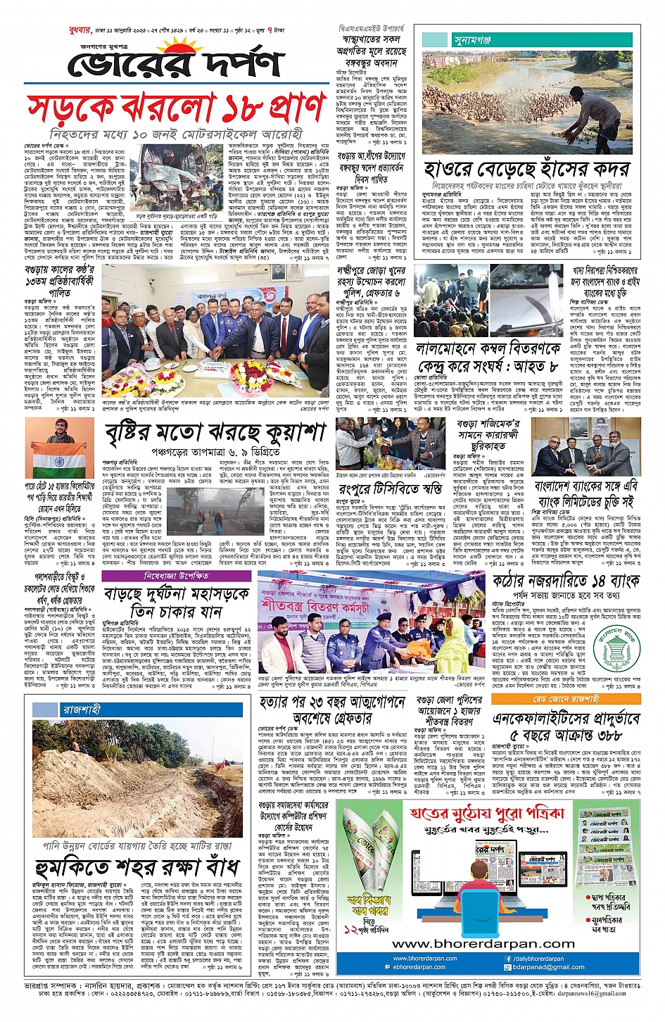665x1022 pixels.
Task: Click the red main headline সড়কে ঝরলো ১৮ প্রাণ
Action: point(176,108)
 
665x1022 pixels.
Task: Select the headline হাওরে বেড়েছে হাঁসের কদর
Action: point(531,170)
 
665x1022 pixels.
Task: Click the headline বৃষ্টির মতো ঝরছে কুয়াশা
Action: point(217,433)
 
